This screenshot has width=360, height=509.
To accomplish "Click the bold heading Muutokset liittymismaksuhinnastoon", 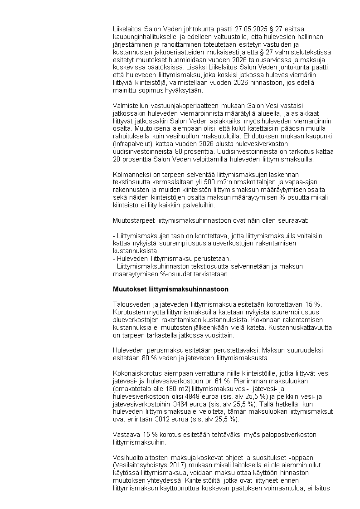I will pyautogui.click(x=170, y=289).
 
